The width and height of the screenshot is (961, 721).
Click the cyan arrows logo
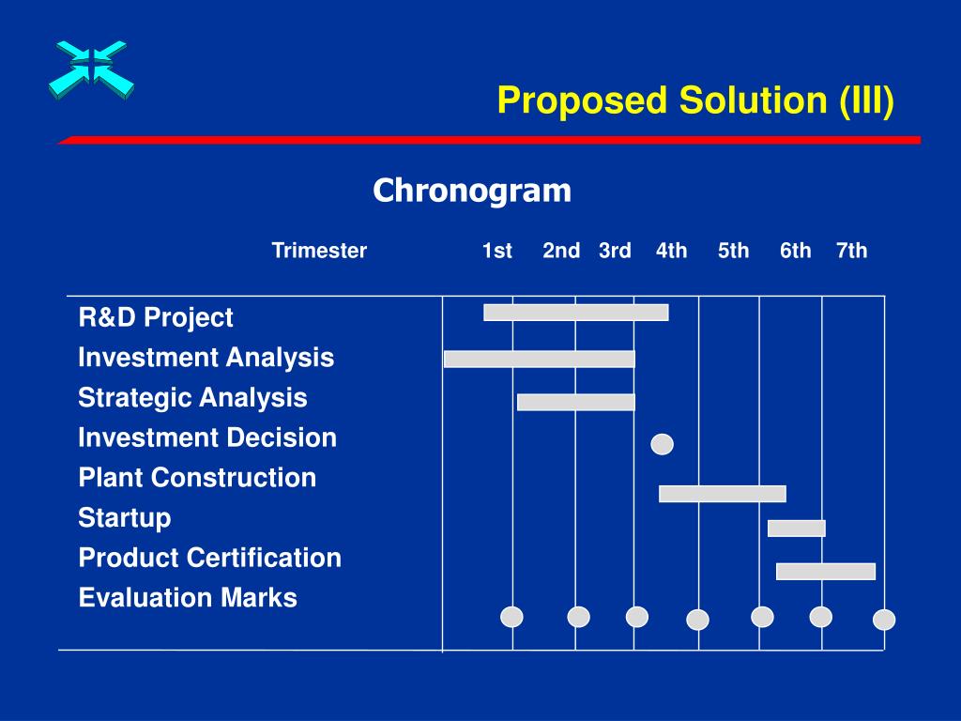click(91, 69)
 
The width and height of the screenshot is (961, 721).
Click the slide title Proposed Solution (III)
click(695, 100)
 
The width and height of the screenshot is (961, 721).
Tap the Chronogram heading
click(472, 190)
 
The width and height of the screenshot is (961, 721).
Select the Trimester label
click(319, 250)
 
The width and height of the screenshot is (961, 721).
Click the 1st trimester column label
click(497, 250)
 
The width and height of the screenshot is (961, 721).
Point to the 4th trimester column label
click(672, 250)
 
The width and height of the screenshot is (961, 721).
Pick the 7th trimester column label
click(852, 250)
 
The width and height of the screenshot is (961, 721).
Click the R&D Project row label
click(156, 317)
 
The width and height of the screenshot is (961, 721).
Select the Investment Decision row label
click(207, 437)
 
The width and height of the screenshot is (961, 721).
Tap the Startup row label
click(125, 518)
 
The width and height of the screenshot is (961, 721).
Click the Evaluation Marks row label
click(188, 598)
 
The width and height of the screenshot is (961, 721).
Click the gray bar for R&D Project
click(576, 313)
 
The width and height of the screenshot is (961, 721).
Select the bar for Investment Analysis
click(540, 360)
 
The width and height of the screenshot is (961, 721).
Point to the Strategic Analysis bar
click(576, 402)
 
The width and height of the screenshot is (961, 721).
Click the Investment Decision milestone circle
click(662, 444)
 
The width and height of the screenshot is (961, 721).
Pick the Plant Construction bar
click(723, 494)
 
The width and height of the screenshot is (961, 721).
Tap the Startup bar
click(797, 528)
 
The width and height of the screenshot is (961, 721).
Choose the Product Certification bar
click(826, 572)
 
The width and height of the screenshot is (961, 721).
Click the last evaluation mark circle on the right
click(884, 620)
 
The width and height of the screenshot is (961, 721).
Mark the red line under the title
click(489, 141)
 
